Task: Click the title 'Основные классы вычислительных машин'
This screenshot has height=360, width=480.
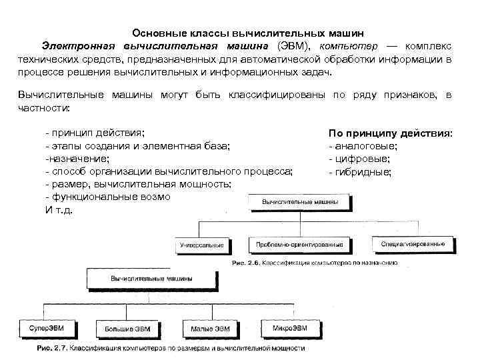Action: tap(248, 33)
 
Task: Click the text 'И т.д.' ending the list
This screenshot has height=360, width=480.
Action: tap(59, 210)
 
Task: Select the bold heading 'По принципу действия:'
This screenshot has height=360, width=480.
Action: tap(390, 133)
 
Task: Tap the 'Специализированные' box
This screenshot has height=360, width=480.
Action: tap(413, 245)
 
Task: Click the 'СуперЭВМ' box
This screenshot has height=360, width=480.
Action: tap(45, 328)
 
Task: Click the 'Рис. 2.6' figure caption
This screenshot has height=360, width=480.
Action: tap(315, 263)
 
